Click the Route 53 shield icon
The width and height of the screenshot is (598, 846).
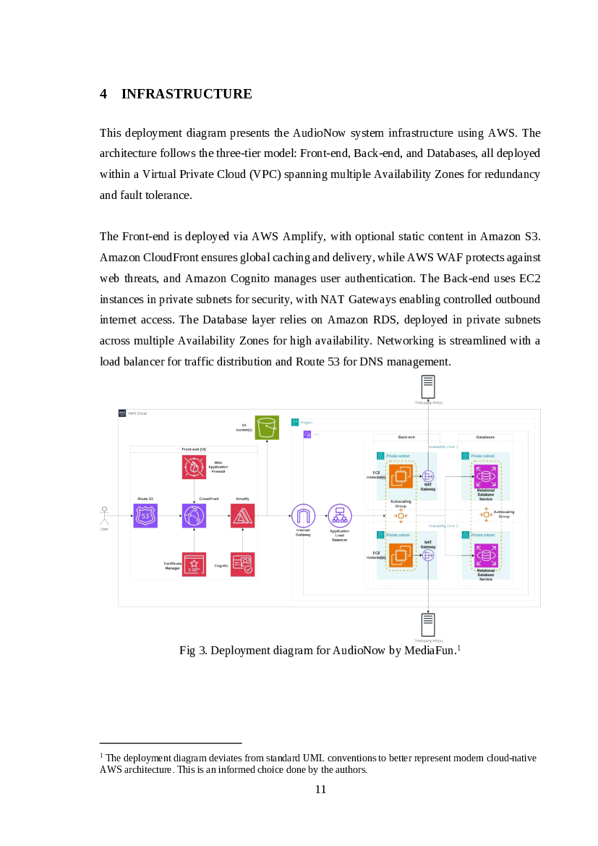pyautogui.click(x=145, y=515)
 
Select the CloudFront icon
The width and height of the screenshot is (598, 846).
pyautogui.click(x=194, y=515)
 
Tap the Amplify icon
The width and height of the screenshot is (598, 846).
pyautogui.click(x=243, y=515)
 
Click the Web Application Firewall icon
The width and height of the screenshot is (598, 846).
pyautogui.click(x=194, y=467)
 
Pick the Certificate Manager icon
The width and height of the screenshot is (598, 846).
pyautogui.click(x=194, y=564)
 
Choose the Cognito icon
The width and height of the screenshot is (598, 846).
pyautogui.click(x=243, y=564)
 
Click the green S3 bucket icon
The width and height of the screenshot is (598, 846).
pyautogui.click(x=267, y=428)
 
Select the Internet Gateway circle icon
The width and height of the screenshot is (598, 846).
pyautogui.click(x=303, y=515)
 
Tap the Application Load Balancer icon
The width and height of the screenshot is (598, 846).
pyautogui.click(x=339, y=515)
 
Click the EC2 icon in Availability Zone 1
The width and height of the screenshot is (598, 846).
pyautogui.click(x=401, y=475)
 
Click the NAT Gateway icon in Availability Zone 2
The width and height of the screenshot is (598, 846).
pyautogui.click(x=428, y=555)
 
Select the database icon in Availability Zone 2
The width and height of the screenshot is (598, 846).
pyautogui.click(x=486, y=556)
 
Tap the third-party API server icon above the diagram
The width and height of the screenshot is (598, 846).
pyautogui.click(x=428, y=386)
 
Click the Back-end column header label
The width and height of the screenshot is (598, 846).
pyautogui.click(x=406, y=437)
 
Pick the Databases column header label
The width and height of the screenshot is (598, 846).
pyautogui.click(x=486, y=437)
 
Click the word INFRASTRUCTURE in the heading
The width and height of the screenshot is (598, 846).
pyautogui.click(x=187, y=94)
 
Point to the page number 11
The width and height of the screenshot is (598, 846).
pyautogui.click(x=320, y=789)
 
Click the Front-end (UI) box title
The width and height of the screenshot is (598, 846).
pyautogui.click(x=194, y=449)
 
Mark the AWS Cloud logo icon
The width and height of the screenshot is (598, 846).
pyautogui.click(x=122, y=413)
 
